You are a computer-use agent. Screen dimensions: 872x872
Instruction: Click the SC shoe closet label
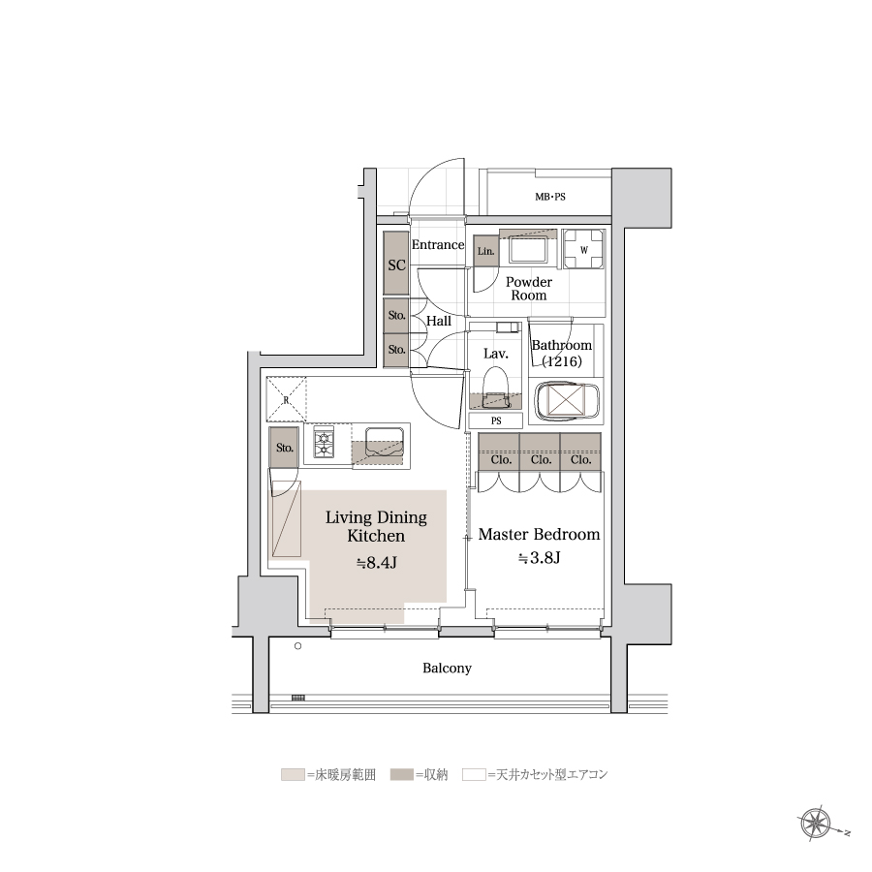point(396,265)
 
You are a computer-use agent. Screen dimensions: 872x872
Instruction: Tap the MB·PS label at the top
point(550,197)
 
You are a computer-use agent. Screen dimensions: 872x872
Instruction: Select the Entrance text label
point(438,245)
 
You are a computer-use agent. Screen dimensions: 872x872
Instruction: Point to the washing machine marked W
point(583,250)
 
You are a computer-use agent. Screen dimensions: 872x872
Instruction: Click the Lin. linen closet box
point(486,251)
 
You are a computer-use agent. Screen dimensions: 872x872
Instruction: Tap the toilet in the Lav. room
point(495,389)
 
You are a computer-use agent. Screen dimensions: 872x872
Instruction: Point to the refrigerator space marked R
point(286,399)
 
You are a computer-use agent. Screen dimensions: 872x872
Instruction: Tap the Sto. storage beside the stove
point(284,447)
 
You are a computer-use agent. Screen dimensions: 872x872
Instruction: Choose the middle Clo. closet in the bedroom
point(540,452)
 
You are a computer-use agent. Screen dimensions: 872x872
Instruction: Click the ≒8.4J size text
point(377,563)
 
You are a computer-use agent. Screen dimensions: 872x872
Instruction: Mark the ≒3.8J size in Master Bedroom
point(539,557)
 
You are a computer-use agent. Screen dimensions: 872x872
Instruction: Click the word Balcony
point(447,668)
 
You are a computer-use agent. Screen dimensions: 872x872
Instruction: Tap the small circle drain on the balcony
point(298,646)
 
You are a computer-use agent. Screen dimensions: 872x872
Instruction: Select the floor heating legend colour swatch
point(293,774)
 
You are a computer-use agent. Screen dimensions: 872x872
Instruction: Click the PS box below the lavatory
point(495,420)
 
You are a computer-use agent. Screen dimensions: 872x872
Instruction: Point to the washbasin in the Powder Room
point(528,250)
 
